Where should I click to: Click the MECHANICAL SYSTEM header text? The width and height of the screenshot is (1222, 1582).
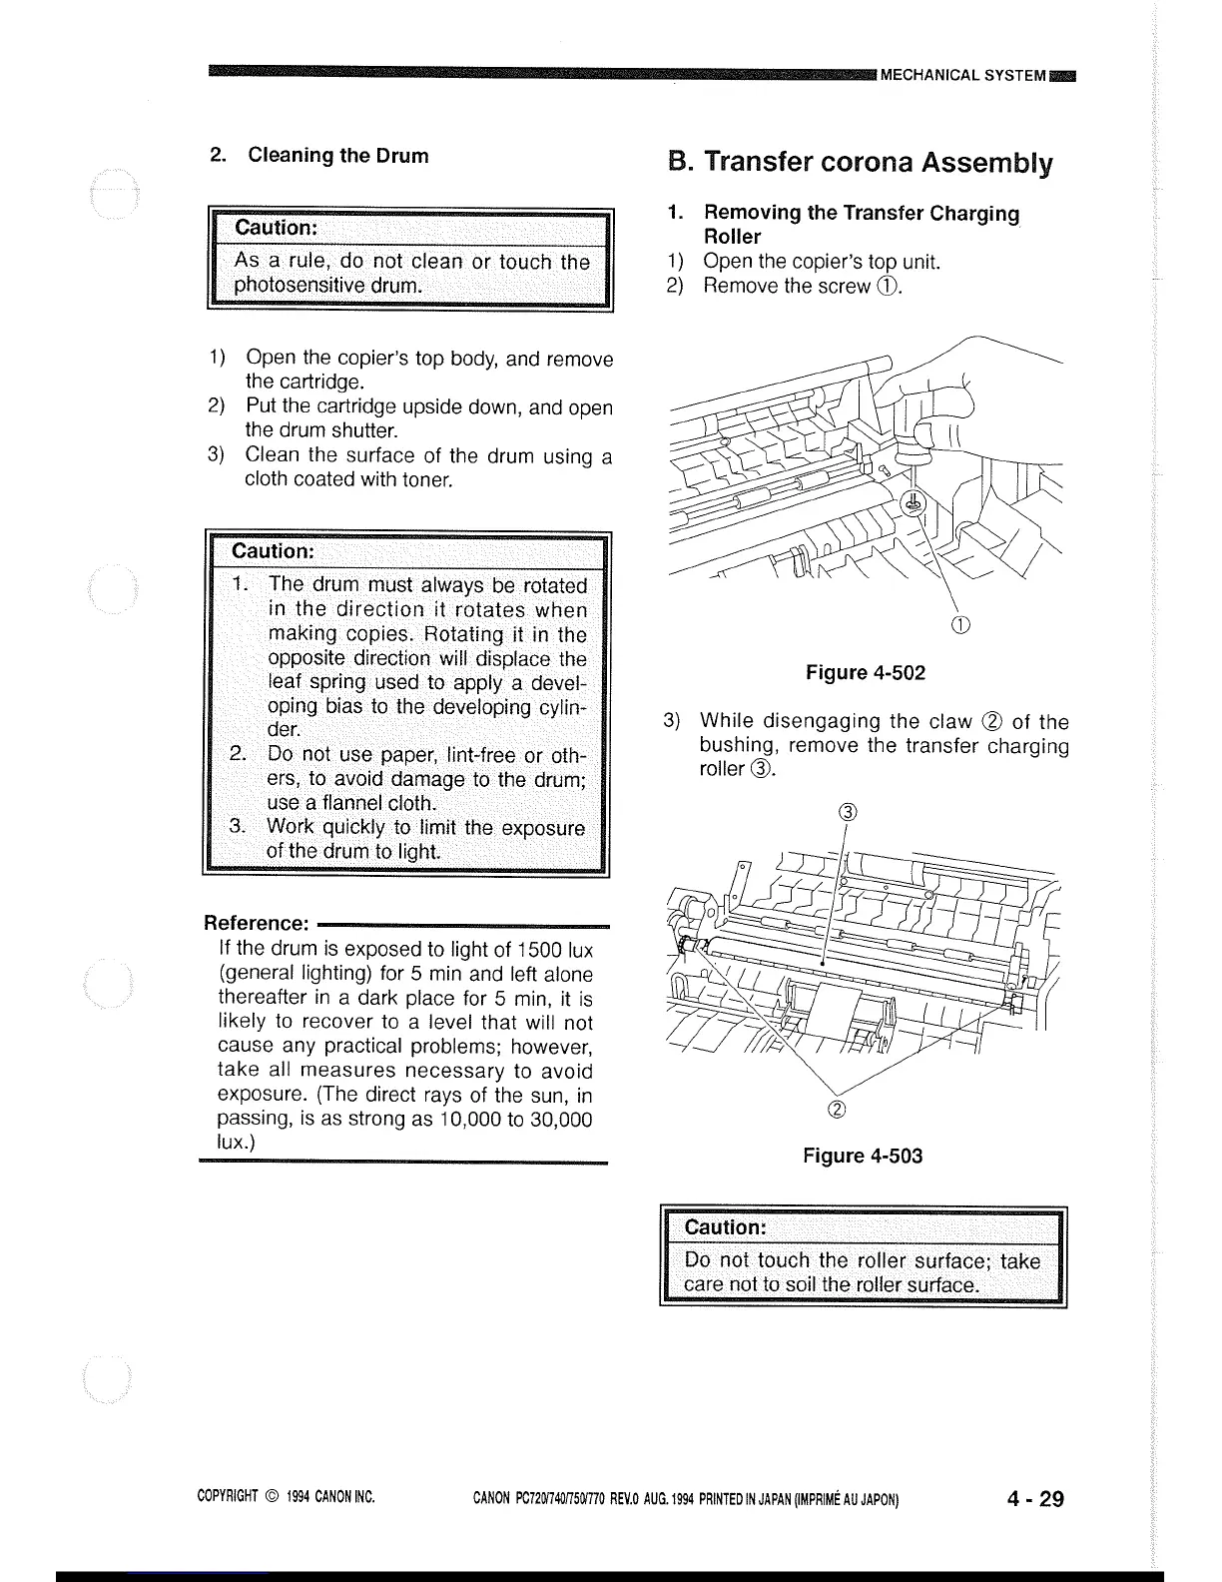click(x=963, y=75)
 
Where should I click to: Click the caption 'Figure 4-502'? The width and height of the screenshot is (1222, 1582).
click(x=866, y=673)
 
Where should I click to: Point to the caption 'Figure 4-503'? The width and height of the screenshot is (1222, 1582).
click(x=863, y=1156)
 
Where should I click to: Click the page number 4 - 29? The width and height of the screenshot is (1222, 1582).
click(x=1035, y=1498)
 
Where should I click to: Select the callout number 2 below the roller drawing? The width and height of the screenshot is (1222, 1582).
click(x=837, y=1110)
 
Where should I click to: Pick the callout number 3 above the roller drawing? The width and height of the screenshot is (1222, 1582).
click(x=848, y=810)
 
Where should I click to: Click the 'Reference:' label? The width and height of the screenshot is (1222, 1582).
click(x=256, y=923)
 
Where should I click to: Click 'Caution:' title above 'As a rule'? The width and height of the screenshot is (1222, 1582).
click(x=276, y=228)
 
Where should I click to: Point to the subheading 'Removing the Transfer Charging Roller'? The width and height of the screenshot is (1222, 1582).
click(x=861, y=225)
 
